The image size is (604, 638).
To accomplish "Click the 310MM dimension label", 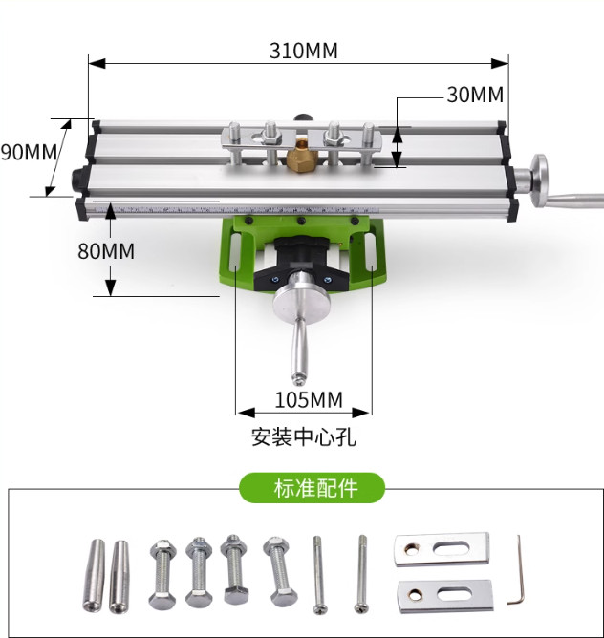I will point(303,50).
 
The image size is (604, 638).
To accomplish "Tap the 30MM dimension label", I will point(474,95).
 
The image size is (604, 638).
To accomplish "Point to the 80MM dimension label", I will point(105,251).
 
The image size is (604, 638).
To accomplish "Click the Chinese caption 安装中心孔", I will point(303,437).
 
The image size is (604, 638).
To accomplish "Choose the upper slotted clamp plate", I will point(442,549).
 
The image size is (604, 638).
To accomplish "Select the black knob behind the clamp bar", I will point(306,117).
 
